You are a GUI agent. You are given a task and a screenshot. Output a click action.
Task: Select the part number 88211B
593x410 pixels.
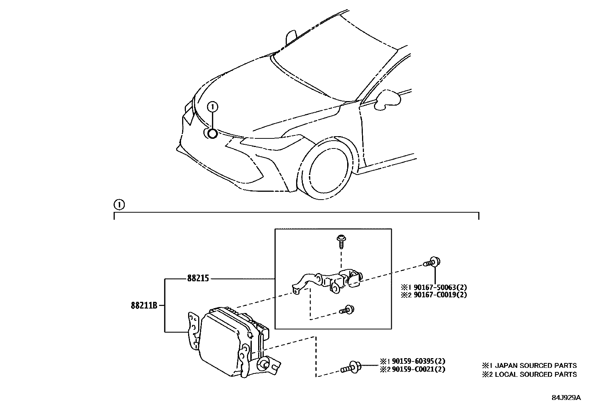[x=144, y=305]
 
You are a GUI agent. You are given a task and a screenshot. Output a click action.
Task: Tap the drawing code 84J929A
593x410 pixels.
[x=566, y=398]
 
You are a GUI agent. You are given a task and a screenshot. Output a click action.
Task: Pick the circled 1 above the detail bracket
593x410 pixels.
[x=118, y=204]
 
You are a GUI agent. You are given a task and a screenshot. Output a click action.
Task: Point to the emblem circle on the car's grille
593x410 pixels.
[x=212, y=134]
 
